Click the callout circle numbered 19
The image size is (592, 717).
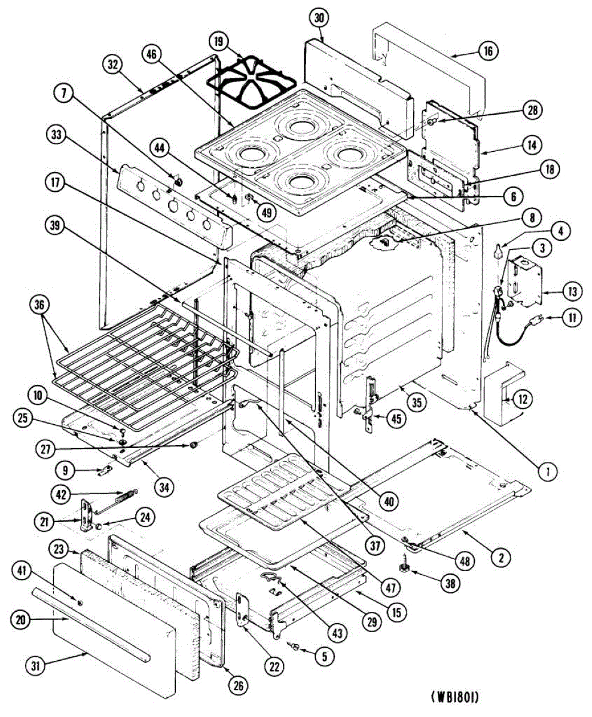click(218, 42)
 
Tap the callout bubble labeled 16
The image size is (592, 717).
click(487, 51)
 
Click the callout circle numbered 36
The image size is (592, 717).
click(39, 304)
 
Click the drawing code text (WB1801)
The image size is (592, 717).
click(454, 697)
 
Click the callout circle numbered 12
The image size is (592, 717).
click(523, 399)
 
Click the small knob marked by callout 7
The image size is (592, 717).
click(177, 180)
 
